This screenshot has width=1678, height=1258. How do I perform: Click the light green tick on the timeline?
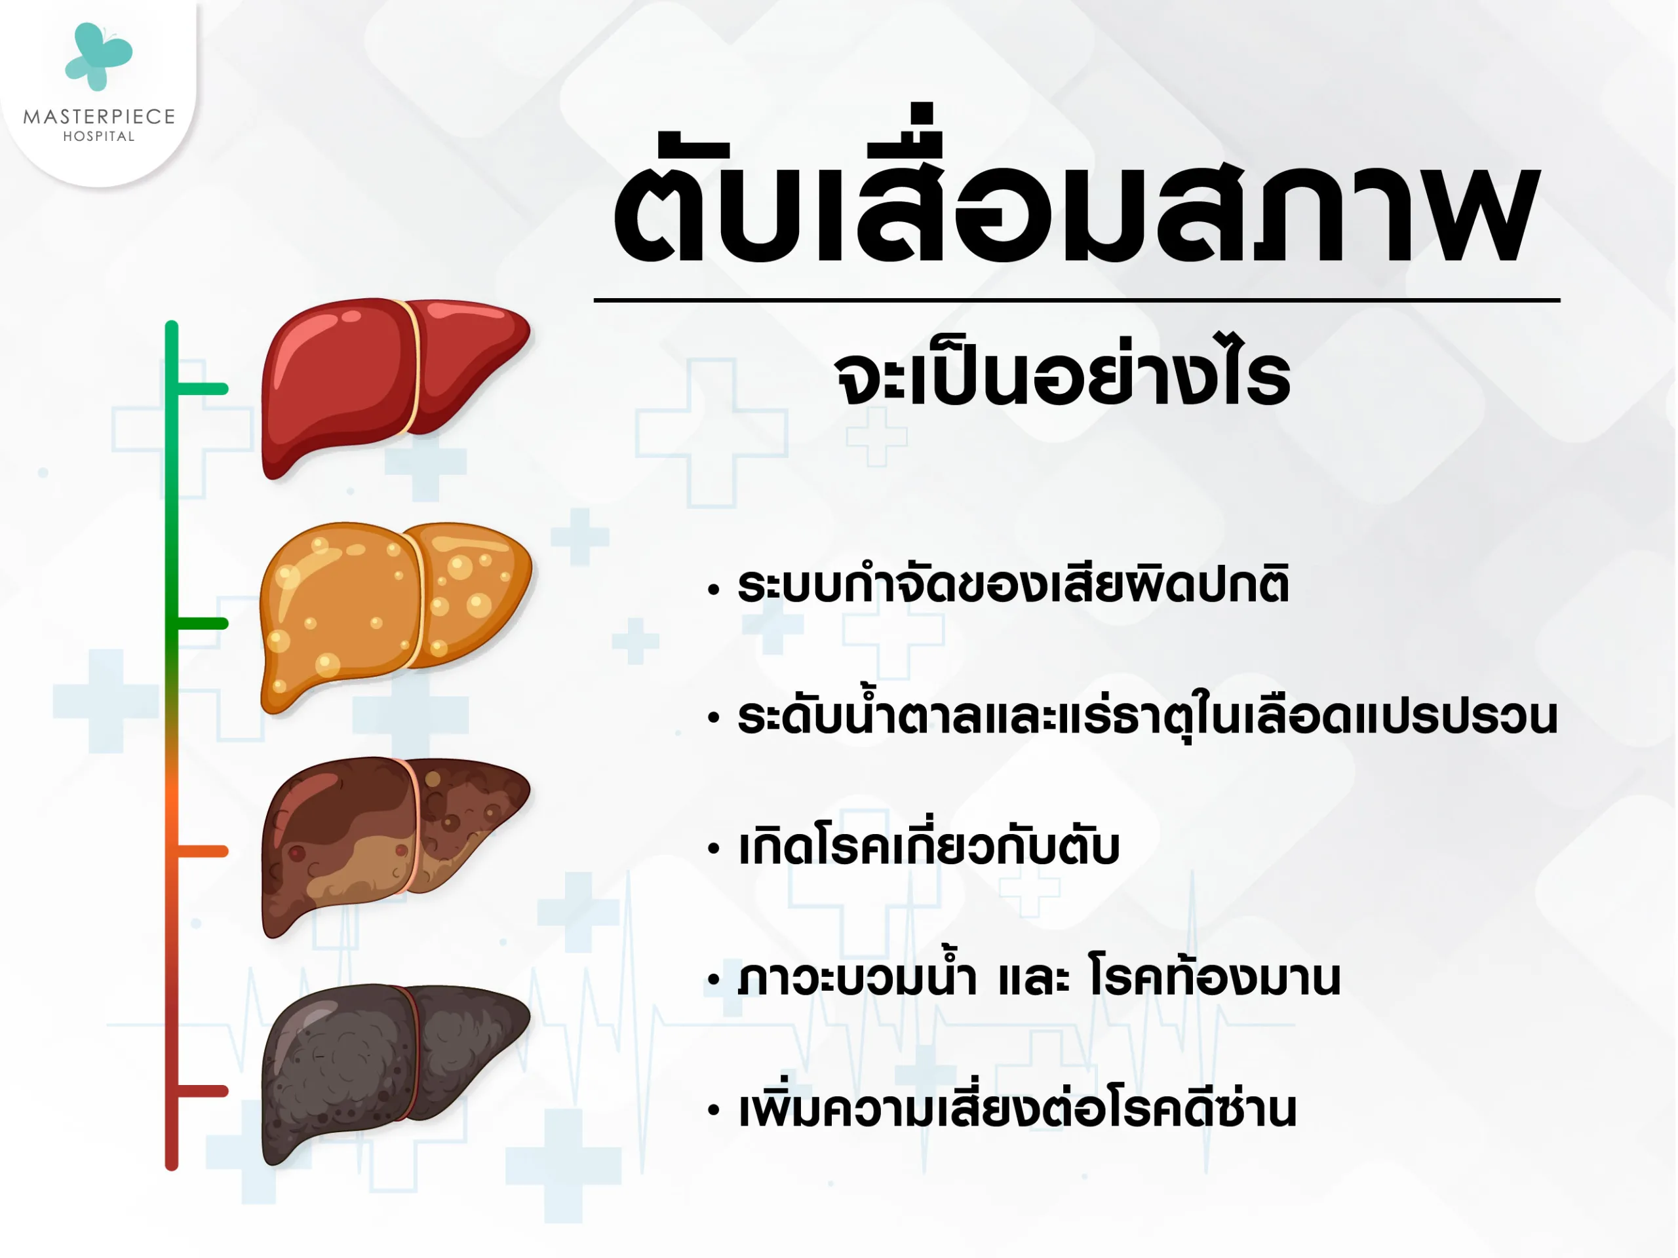point(201,389)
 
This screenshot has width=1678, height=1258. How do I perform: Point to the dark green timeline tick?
point(201,623)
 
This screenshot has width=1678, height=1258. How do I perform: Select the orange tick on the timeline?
point(201,852)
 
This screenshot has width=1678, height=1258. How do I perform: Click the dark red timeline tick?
point(201,1091)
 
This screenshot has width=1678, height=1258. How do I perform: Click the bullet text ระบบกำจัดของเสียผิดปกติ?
point(1013,585)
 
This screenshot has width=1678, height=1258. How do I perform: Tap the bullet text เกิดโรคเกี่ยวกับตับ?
point(929,847)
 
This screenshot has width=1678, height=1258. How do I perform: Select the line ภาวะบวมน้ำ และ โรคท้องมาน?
point(1040,978)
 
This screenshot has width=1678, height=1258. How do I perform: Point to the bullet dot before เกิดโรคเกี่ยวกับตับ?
point(713,849)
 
